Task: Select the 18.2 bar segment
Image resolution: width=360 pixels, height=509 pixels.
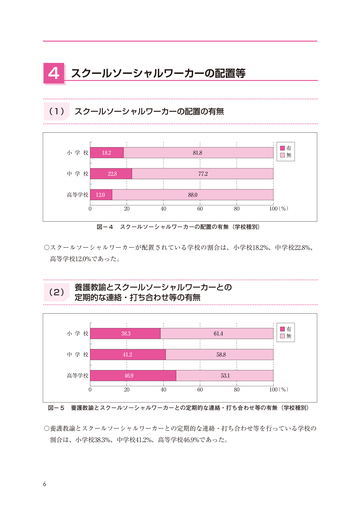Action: coord(107,152)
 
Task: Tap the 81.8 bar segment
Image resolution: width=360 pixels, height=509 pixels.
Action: coord(198,152)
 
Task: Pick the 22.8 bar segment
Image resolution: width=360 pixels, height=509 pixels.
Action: coord(111,173)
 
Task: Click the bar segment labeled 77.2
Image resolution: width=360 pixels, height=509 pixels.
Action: coord(202,173)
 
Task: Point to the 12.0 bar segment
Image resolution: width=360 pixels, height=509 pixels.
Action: coord(101,194)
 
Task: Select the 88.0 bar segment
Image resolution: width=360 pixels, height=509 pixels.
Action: coord(192,194)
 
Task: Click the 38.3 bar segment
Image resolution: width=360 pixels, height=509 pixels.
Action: coord(125,305)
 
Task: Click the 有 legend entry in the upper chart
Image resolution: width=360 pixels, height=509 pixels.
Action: coord(287,147)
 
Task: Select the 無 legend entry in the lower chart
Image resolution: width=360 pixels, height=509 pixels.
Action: coord(287,308)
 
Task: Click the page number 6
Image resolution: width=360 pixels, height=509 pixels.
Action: coord(45,486)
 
